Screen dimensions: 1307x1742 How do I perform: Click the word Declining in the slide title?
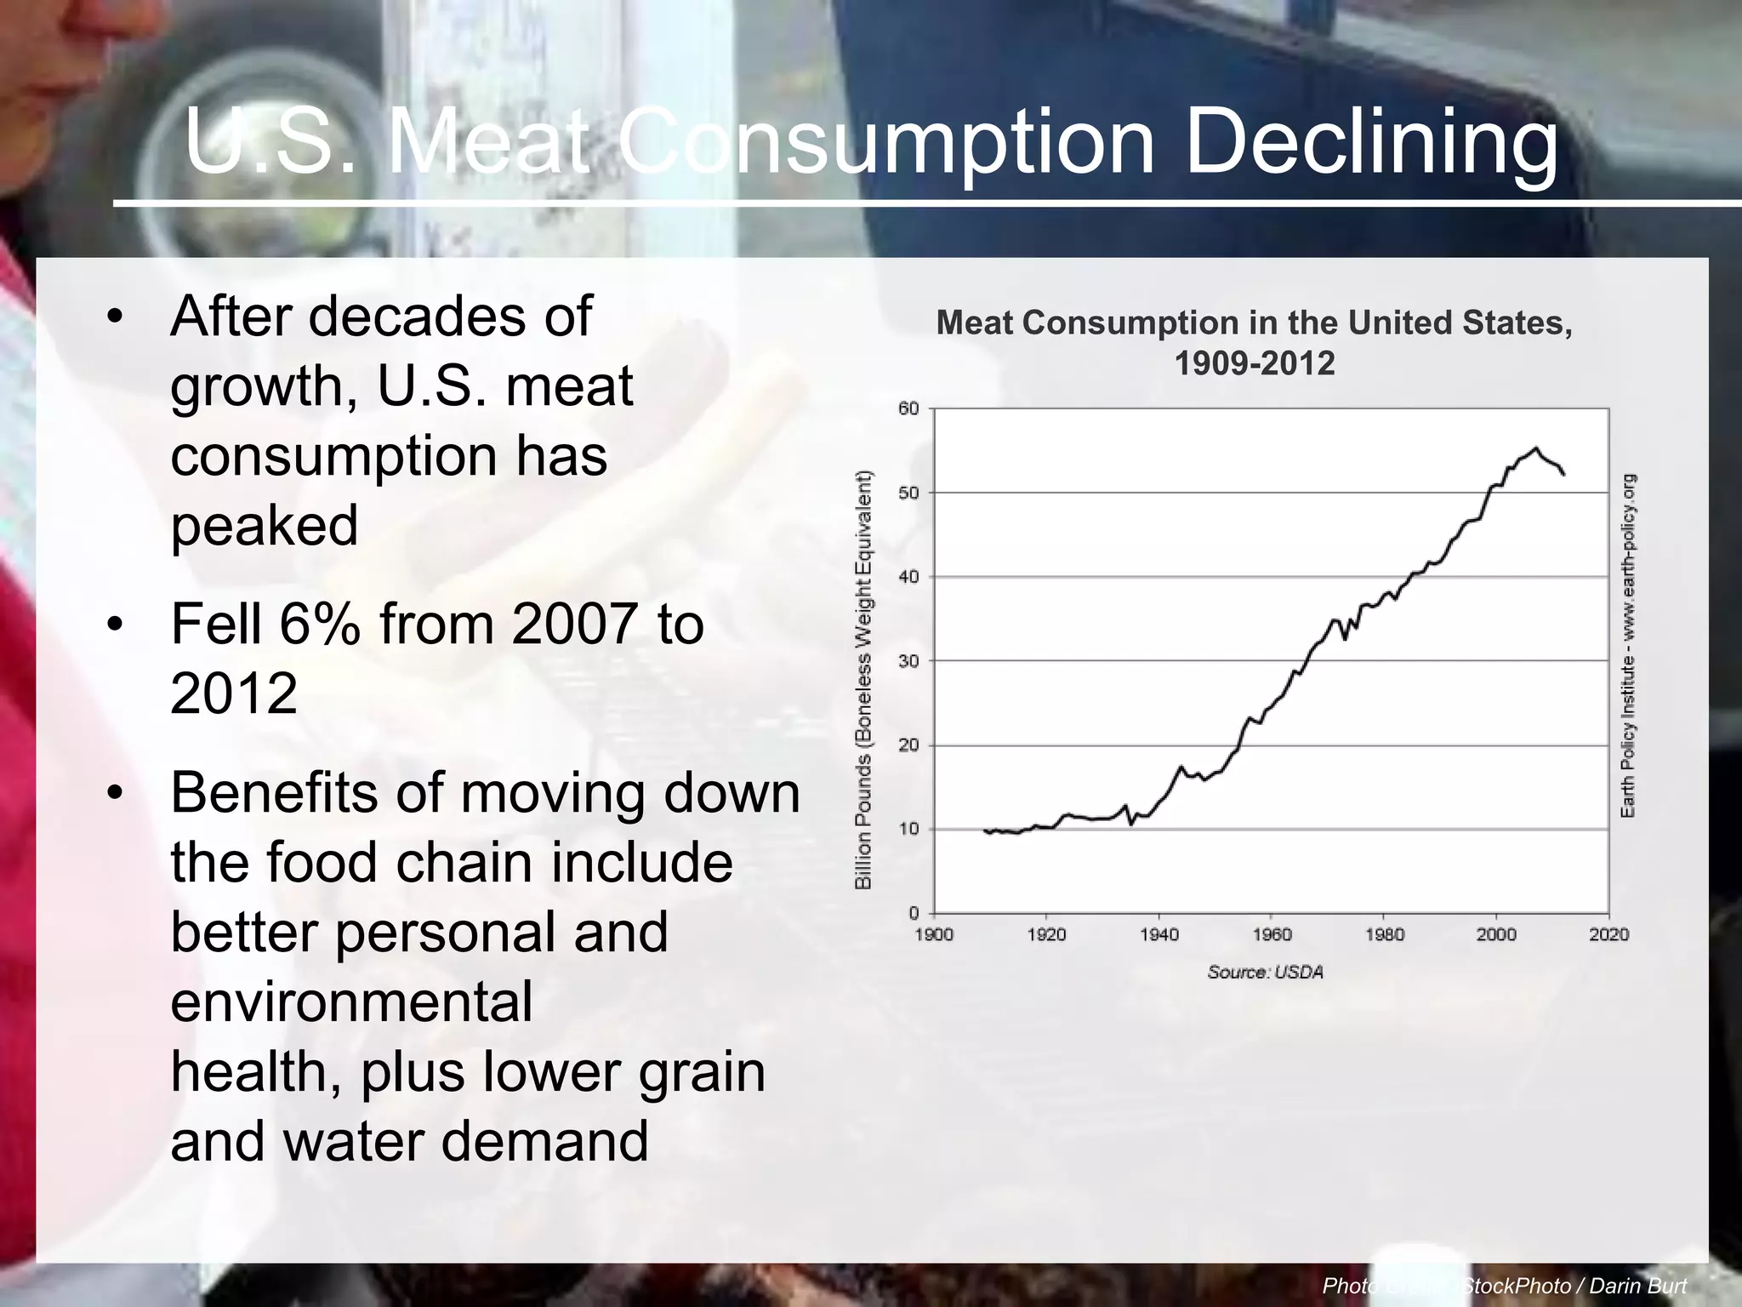(1371, 141)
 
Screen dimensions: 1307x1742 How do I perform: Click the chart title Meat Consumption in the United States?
(1254, 323)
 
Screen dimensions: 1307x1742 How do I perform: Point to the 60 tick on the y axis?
(909, 409)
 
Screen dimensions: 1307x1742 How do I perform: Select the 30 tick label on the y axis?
(909, 661)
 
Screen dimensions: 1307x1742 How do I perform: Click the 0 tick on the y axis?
(914, 914)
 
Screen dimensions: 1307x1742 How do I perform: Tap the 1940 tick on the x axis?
(1158, 935)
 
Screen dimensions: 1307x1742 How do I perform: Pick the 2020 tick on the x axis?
(1608, 935)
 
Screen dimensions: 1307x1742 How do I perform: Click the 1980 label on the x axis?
(1384, 935)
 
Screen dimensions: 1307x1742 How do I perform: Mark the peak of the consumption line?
(1535, 448)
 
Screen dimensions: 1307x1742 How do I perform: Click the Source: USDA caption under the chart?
(1265, 973)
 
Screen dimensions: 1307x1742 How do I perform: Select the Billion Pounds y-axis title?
(863, 681)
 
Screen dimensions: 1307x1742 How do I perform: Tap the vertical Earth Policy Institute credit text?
(1627, 647)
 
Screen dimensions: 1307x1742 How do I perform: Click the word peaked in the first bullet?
(264, 525)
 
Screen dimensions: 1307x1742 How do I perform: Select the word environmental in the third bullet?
(351, 1002)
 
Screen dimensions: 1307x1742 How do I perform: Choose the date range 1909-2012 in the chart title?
(1254, 364)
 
